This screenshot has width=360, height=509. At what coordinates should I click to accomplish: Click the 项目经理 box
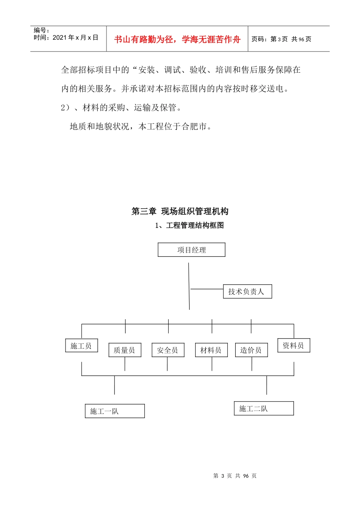tap(191, 250)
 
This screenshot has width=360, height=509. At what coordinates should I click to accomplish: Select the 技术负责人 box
tap(247, 292)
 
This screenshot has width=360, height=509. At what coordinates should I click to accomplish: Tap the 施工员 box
tap(81, 345)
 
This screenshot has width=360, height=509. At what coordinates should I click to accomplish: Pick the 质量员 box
tap(125, 350)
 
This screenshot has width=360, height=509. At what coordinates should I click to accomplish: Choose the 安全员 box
tap(168, 350)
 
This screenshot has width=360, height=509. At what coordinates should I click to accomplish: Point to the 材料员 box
tap(211, 350)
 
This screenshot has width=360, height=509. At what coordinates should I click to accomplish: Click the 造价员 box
tap(251, 350)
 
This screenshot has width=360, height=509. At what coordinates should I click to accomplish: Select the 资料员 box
tap(294, 345)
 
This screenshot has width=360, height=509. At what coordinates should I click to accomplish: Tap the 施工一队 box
tap(115, 411)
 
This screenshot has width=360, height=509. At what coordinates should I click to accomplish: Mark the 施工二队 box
tap(264, 409)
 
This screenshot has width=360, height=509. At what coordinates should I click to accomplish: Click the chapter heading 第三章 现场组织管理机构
tap(180, 211)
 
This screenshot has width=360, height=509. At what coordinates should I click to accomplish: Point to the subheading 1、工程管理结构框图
tap(189, 225)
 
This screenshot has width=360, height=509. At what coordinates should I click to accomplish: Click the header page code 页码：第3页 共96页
tap(281, 39)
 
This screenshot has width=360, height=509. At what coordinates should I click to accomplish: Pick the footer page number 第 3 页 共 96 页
tap(235, 476)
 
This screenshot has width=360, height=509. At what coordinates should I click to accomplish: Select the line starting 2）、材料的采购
tap(121, 108)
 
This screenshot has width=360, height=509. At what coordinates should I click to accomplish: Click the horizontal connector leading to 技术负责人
tap(207, 289)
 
